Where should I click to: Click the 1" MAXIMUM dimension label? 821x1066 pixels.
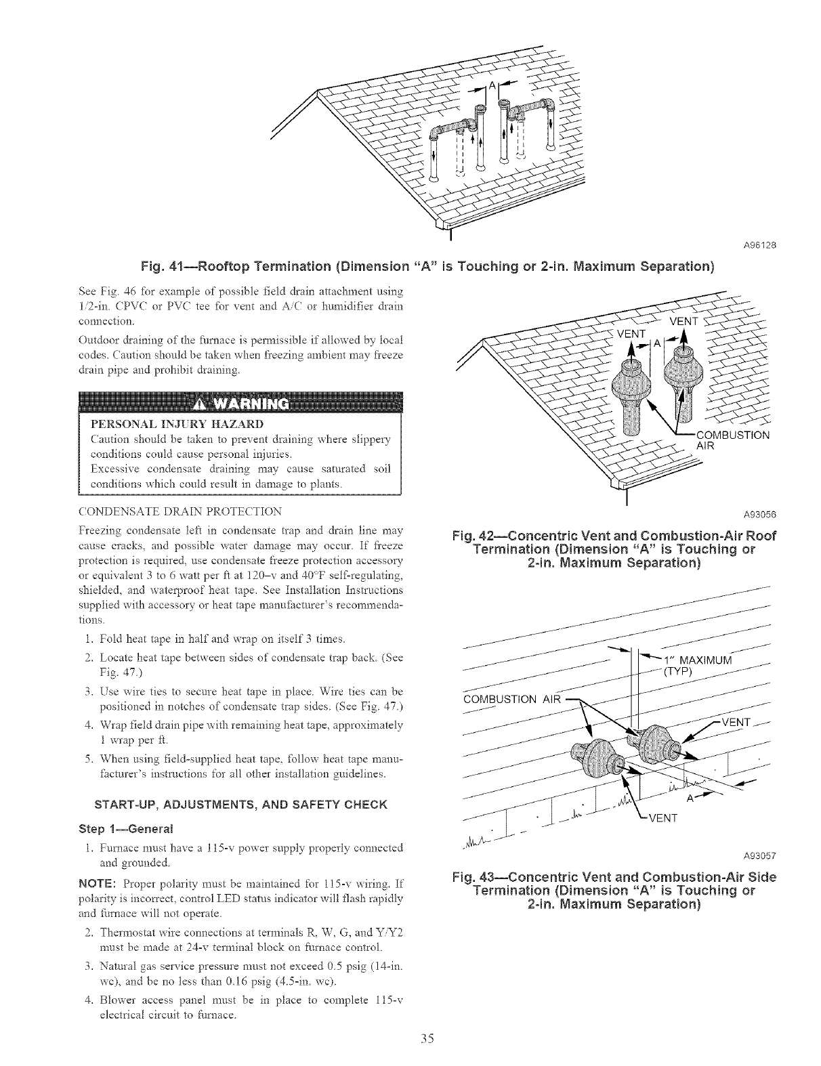click(696, 660)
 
